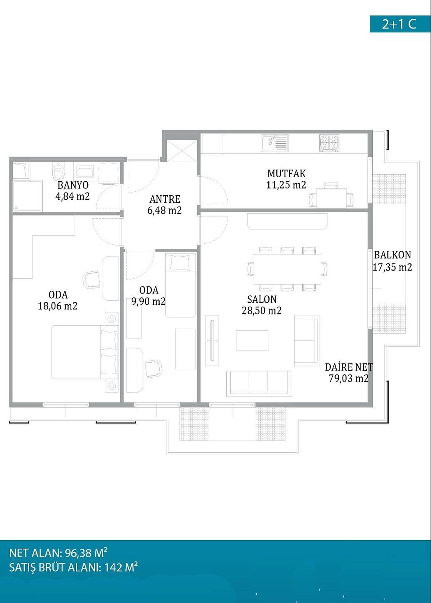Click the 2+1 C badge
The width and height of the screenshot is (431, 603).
coord(400,24)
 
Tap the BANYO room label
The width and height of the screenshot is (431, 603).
coord(73,185)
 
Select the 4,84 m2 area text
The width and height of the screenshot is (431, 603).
coord(73,196)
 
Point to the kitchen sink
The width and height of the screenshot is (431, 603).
coord(275,143)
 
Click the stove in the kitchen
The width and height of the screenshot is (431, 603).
coord(329,143)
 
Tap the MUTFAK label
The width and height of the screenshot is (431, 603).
coord(286,174)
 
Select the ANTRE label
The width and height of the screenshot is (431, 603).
coord(165,199)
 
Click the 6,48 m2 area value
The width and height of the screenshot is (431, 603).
coord(164,211)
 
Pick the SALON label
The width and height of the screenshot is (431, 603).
coord(262,299)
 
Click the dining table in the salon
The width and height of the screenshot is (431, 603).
coord(287,269)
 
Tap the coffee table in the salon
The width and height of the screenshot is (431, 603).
coord(252,340)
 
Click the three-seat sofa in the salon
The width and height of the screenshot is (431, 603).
coord(259,383)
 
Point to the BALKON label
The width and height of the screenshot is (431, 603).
coord(392,255)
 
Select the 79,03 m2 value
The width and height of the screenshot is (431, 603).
coord(348,379)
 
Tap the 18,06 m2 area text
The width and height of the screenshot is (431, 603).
coord(58,306)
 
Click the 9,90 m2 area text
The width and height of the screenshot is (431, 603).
coord(148,301)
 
